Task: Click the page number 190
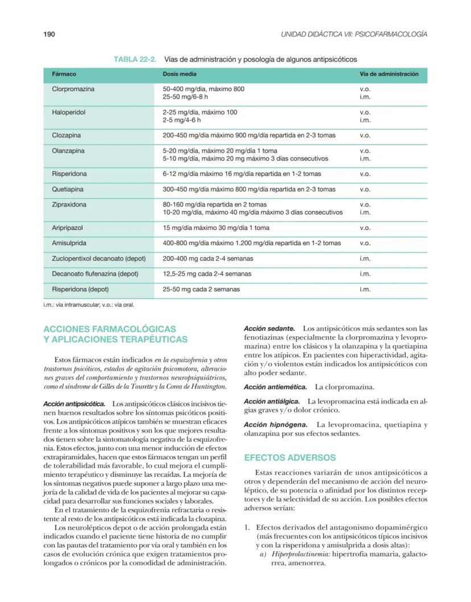tap(49, 35)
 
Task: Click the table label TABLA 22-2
tap(135, 59)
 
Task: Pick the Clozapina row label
tap(67, 135)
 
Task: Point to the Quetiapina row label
tap(68, 189)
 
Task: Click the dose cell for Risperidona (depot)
tap(201, 289)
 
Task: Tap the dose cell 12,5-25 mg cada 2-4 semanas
tap(207, 274)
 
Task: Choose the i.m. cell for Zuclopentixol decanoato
tap(365, 258)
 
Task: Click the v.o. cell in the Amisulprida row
tap(365, 243)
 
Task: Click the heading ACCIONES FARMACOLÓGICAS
tap(110, 329)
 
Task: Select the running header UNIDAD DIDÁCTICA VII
tap(354, 35)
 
